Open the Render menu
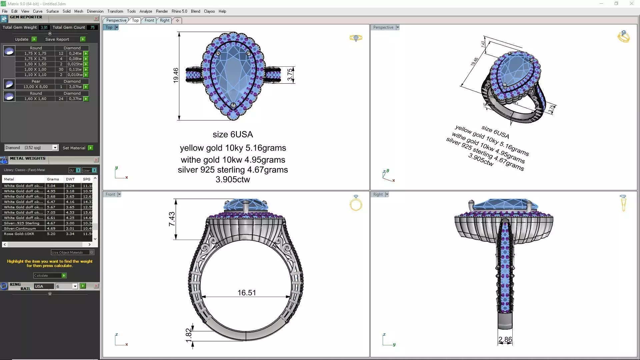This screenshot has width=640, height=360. pos(162,11)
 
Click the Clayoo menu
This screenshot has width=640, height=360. pos(209,11)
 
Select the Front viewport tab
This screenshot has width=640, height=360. pos(149,20)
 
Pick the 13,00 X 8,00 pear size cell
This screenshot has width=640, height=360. pos(35,87)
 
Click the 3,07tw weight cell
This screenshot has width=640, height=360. pos(75,87)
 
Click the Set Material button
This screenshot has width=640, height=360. pos(74,148)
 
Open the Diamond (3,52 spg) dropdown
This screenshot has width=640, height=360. pos(55,148)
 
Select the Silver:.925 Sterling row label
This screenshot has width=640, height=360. pos(22,223)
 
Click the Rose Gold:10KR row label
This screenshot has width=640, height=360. pos(19,234)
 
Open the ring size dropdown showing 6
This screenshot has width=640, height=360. pos(75,286)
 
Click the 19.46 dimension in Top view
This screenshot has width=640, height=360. pos(176,75)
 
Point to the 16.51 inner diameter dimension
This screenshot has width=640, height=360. pos(247,293)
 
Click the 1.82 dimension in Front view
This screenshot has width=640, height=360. pos(188,335)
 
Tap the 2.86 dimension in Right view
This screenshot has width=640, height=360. pos(505,340)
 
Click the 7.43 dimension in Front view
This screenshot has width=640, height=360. pos(172,219)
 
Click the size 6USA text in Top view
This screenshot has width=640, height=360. pos(233,134)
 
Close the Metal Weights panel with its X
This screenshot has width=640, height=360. pos(96,160)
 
